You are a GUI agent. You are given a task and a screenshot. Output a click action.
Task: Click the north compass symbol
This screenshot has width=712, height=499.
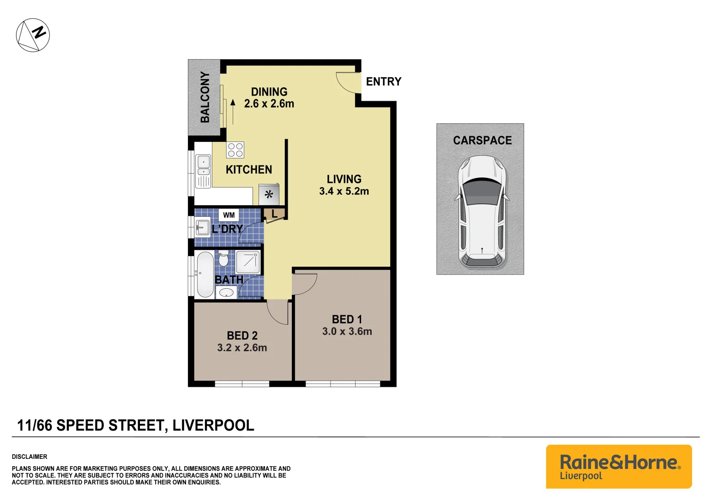pos(33,35)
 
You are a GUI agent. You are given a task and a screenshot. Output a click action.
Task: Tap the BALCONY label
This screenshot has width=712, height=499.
pos(205,97)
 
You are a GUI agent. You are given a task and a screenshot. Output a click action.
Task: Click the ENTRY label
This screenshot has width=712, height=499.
pos(383,82)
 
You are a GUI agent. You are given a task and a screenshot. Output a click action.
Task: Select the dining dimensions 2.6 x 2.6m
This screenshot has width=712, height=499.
pos(269,104)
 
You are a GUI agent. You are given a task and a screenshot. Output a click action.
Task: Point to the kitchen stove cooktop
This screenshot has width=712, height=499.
pos(235,150)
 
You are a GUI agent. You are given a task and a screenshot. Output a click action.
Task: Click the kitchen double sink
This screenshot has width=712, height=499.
pos(203,166)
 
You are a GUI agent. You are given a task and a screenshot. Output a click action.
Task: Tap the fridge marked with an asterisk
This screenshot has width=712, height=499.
pos(269,195)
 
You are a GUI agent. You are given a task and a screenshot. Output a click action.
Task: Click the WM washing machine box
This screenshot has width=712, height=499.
pos(229,215)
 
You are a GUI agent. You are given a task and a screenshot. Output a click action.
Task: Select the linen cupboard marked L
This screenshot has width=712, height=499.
pos(274,214)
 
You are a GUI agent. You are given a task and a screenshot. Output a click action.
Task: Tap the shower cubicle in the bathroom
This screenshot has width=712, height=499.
pos(248,262)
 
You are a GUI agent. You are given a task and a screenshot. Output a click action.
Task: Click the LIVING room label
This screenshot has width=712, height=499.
pos(344,179)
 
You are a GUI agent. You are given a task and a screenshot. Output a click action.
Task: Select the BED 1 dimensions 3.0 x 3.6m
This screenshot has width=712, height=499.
pos(347,331)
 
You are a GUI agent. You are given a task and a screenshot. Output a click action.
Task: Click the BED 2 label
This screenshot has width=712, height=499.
pos(242,336)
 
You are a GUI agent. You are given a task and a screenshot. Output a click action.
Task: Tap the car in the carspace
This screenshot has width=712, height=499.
pos(482,212)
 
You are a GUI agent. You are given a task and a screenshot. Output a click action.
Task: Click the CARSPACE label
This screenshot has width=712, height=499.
pos(482,140)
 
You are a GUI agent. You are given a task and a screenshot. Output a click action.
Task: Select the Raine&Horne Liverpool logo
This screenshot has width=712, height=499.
pos(619,466)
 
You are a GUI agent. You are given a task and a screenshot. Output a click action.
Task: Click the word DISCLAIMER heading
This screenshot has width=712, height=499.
pos(30,456)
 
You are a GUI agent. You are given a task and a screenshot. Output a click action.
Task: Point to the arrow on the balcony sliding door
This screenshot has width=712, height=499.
pos(233,111)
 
